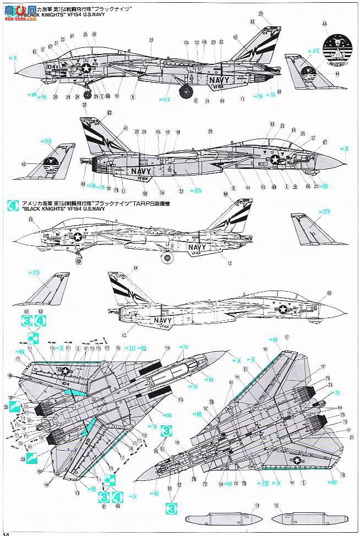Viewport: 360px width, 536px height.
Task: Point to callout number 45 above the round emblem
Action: [x=325, y=24]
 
